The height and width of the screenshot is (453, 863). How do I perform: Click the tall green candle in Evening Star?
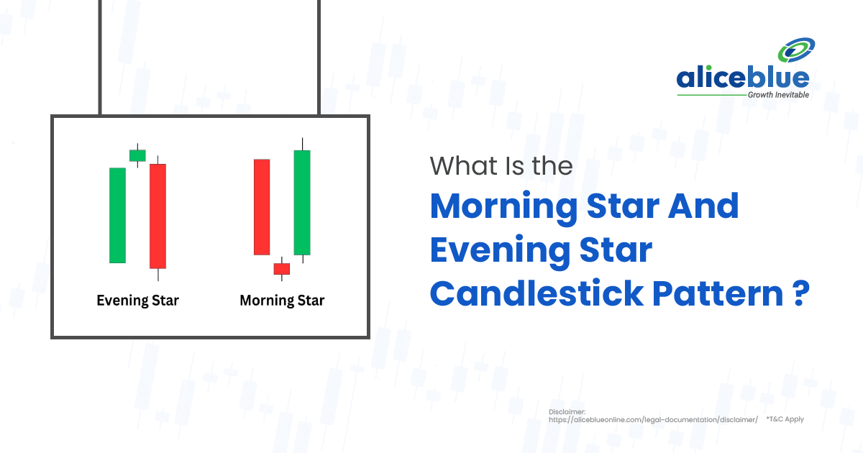tap(117, 215)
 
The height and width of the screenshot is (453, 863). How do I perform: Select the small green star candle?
tap(137, 155)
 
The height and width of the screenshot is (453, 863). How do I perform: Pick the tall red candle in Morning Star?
tap(262, 207)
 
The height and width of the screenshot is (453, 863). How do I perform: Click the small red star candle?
tap(282, 268)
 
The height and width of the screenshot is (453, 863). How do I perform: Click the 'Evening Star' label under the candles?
tap(137, 301)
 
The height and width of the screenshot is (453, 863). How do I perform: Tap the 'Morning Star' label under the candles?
tap(282, 301)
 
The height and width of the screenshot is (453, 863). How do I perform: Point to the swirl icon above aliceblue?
tap(796, 50)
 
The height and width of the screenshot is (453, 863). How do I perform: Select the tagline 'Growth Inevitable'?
tap(778, 95)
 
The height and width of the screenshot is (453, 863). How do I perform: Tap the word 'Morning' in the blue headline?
tap(503, 207)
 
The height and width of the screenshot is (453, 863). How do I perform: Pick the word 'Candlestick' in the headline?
tap(536, 293)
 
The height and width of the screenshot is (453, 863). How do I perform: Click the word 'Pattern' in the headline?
tap(718, 293)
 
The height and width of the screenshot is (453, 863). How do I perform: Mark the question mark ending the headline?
tap(801, 293)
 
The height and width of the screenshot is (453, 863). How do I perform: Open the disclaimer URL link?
tap(653, 420)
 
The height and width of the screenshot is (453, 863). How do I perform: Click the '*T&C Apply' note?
tap(785, 419)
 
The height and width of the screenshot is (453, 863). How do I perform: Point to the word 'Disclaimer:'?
tap(567, 412)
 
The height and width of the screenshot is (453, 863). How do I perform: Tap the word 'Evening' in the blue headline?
tap(500, 251)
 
